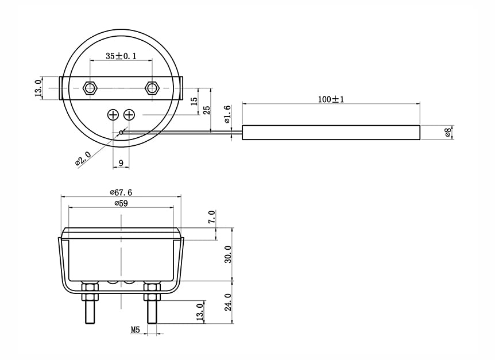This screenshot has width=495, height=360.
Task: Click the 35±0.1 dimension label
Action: pos(121,56)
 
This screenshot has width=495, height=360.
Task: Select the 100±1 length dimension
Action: pos(331,99)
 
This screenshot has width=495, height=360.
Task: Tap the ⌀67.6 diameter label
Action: pos(121,192)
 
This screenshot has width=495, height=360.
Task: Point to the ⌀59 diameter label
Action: pos(121,203)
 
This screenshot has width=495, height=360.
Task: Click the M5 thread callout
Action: pos(135,330)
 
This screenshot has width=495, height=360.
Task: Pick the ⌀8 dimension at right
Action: pos(448,133)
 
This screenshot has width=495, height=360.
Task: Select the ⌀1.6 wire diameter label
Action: pos(227,115)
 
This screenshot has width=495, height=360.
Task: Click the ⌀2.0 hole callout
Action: pos(84,157)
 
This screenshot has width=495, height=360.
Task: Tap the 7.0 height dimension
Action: pos(212,217)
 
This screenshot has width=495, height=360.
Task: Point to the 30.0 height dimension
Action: pos(228,254)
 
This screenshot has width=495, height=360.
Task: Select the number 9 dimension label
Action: pos(121,163)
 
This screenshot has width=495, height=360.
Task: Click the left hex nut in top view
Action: pos(90,88)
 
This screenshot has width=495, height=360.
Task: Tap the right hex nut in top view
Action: pos(152,88)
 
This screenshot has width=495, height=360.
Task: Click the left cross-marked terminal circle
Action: pos(113,115)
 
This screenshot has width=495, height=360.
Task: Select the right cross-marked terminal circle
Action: pos(129,115)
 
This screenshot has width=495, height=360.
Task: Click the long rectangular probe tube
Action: pos(331,133)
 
